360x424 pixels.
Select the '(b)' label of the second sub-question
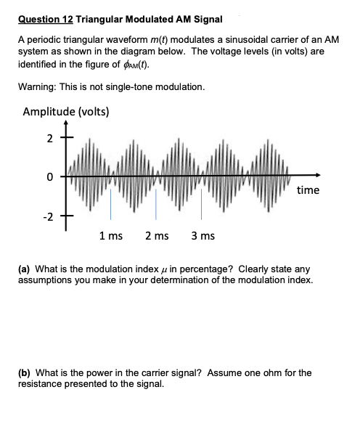(25, 373)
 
